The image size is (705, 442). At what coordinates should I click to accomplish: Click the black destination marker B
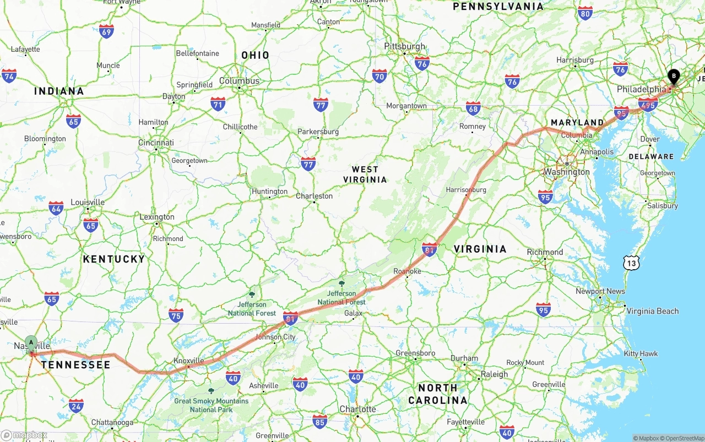pyautogui.click(x=674, y=77)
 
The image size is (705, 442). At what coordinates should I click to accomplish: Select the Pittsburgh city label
pyautogui.click(x=405, y=46)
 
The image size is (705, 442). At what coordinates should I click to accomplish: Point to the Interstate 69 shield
pyautogui.click(x=106, y=31)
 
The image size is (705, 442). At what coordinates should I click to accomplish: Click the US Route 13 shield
pyautogui.click(x=632, y=264)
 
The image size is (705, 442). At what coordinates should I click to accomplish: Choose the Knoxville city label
pyautogui.click(x=188, y=361)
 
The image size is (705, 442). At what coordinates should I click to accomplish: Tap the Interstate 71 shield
pyautogui.click(x=218, y=104)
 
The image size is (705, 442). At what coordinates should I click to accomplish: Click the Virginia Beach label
pyautogui.click(x=653, y=311)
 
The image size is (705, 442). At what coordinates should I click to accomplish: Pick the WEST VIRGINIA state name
pyautogui.click(x=365, y=174)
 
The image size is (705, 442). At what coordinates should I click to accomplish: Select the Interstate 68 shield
pyautogui.click(x=473, y=108)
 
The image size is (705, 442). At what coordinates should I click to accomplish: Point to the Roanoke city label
pyautogui.click(x=407, y=271)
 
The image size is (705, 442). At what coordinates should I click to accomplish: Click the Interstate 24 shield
pyautogui.click(x=77, y=406)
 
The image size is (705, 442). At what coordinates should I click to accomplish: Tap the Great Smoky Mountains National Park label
pyautogui.click(x=211, y=405)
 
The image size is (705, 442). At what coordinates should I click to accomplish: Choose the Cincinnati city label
pyautogui.click(x=156, y=143)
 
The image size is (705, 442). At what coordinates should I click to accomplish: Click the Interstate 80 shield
pyautogui.click(x=585, y=14)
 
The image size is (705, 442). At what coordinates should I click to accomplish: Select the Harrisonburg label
pyautogui.click(x=466, y=190)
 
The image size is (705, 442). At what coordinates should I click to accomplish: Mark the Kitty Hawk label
pyautogui.click(x=641, y=353)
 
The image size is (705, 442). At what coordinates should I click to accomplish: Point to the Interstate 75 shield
pyautogui.click(x=176, y=315)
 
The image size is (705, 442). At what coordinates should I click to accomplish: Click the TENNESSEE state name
pyautogui.click(x=75, y=364)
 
